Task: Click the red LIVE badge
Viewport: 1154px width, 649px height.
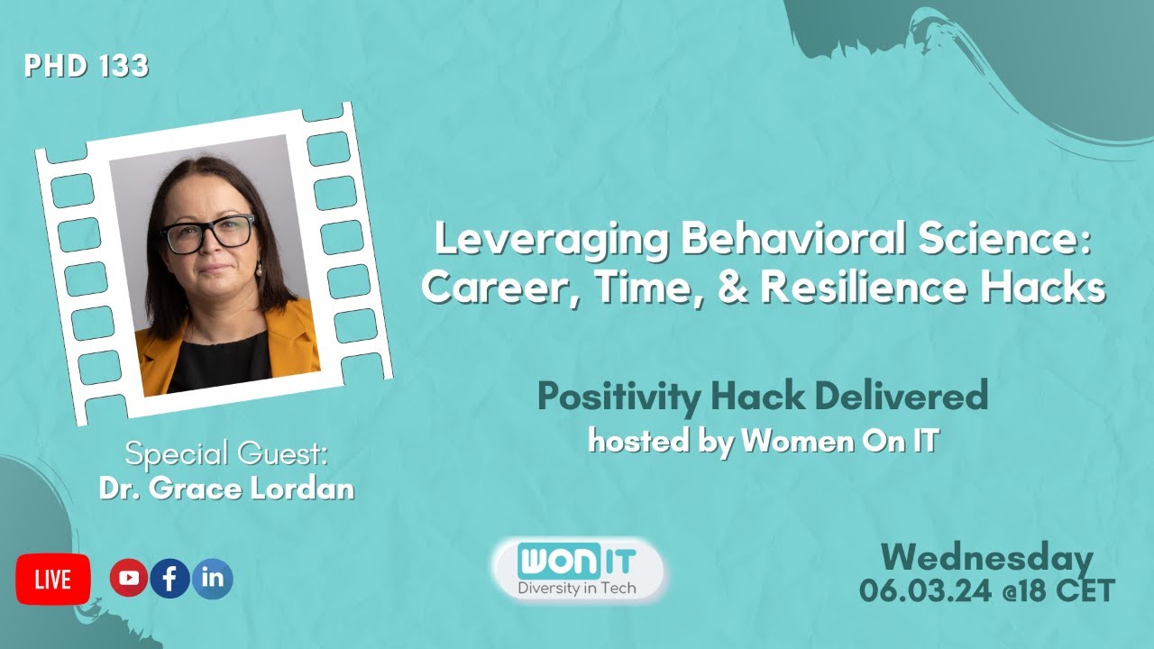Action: coord(53,580)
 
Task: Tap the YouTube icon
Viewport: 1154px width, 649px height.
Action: coord(129,579)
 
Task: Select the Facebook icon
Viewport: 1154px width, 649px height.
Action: coord(170,579)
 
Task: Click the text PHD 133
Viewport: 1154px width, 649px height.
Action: coord(87,67)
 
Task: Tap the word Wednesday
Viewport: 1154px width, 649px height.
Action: coord(987,559)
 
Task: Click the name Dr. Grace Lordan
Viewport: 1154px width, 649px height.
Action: coord(226,489)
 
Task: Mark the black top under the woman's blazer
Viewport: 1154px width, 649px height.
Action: coord(216,361)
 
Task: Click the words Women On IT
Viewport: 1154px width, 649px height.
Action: coord(840,442)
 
